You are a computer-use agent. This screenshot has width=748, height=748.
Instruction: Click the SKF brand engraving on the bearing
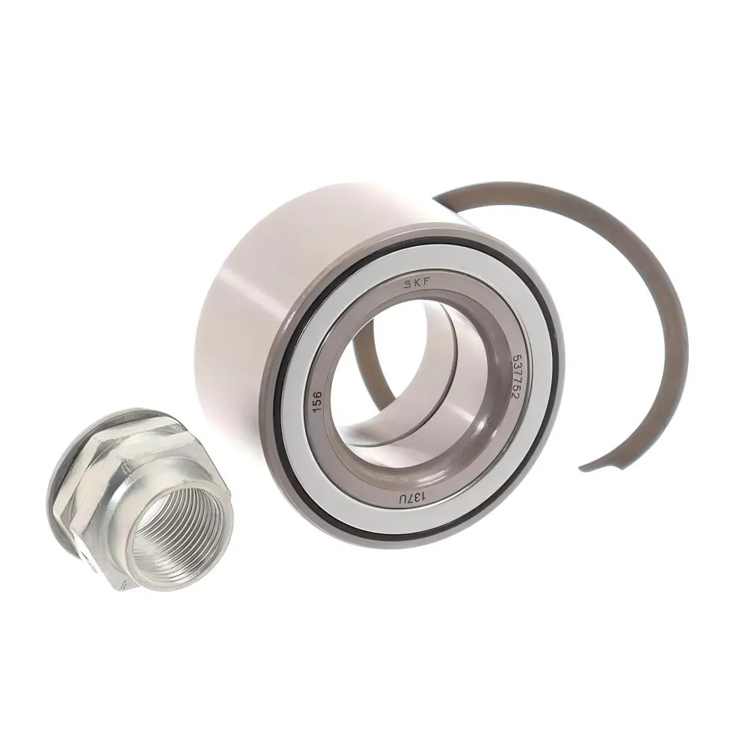coord(417,285)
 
